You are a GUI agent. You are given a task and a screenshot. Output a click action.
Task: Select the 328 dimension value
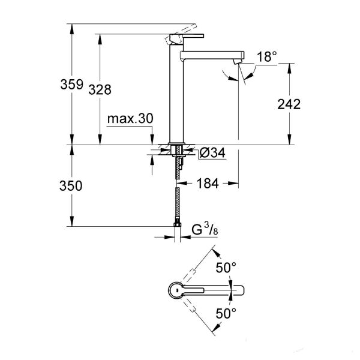(101, 89)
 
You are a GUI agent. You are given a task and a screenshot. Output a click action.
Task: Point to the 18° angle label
(266, 57)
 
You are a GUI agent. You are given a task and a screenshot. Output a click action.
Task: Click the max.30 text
(130, 119)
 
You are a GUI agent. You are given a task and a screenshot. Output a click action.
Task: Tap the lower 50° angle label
(226, 313)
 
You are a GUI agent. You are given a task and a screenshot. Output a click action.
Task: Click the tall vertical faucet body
(175, 96)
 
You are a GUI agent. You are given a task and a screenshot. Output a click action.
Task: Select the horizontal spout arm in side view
(210, 55)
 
